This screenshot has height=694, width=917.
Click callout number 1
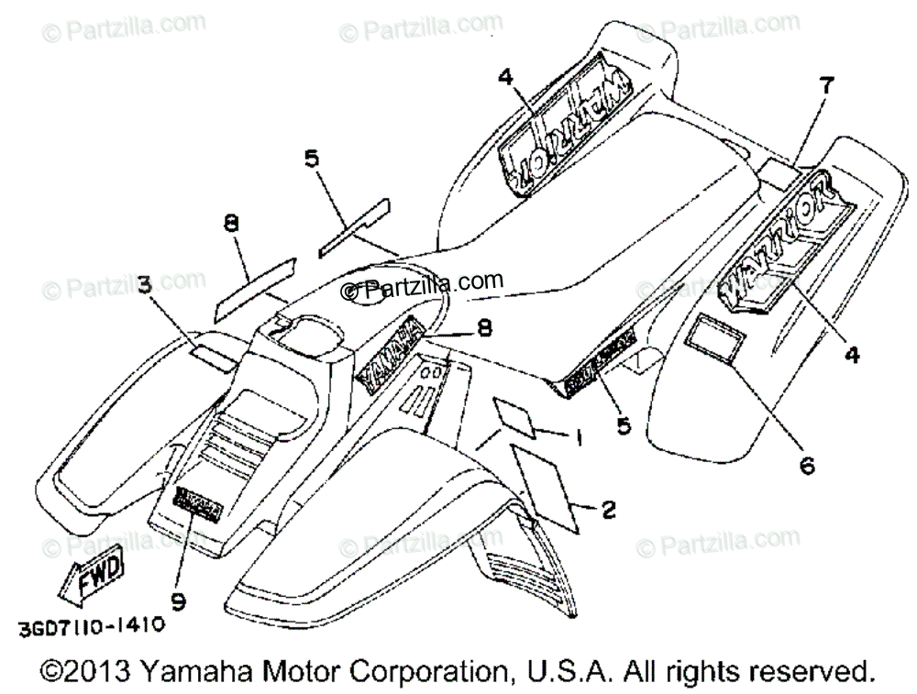tap(578, 439)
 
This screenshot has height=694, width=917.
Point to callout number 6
tap(807, 465)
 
